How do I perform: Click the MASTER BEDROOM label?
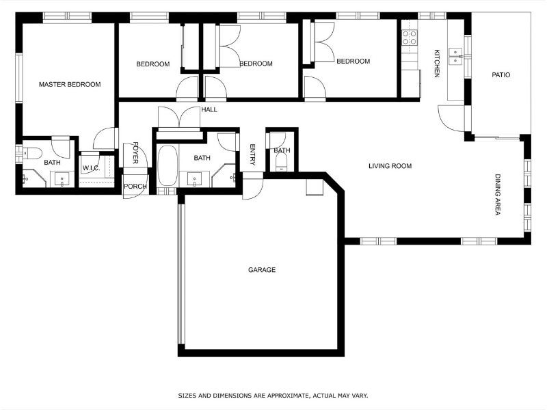coord(70,84)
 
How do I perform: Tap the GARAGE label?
coord(262,270)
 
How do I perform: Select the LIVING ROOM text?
coord(390,166)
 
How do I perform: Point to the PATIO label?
coord(501,75)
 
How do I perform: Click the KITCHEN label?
coord(436,63)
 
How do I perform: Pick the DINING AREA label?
coord(498,195)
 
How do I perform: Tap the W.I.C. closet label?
coord(92,168)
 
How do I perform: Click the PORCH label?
coord(135,187)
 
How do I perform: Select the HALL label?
coord(209,109)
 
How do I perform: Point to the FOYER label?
coord(135,152)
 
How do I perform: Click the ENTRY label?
coord(253,155)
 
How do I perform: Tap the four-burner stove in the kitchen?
coord(410,38)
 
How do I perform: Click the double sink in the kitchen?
coord(455,57)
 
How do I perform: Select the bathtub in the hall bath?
coord(168,165)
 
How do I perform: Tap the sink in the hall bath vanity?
coord(194,180)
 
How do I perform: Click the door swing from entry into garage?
coord(252,187)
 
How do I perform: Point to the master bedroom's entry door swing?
coord(104,139)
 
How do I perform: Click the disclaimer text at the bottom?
coord(273,396)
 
